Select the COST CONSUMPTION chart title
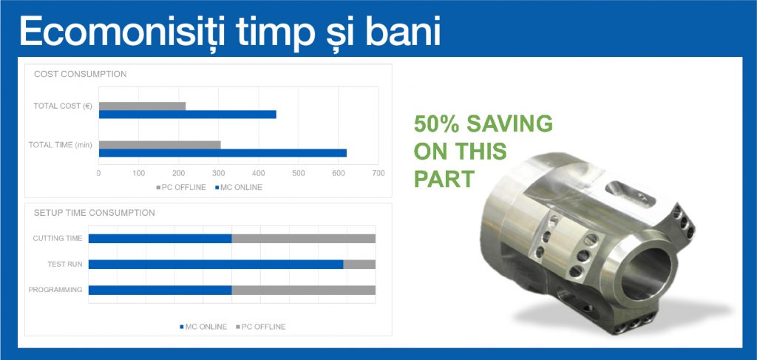point(80,75)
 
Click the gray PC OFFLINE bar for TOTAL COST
point(143,106)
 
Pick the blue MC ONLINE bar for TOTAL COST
point(187,115)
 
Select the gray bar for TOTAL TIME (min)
point(160,145)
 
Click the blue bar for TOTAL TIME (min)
point(223,154)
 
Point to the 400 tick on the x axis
point(258,173)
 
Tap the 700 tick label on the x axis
point(378,173)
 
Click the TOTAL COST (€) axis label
point(63,106)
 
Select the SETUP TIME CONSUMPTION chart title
point(94,213)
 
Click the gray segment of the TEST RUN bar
point(359,265)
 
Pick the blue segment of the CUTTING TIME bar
point(160,238)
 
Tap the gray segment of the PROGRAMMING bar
point(304,290)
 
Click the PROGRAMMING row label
point(55,290)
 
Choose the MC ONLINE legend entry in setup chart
point(203,327)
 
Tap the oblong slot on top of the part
point(630,194)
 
